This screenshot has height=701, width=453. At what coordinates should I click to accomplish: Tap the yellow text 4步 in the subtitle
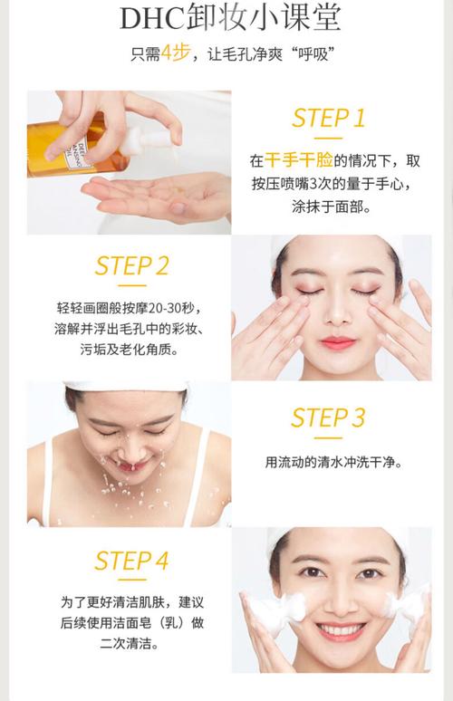pos(174,55)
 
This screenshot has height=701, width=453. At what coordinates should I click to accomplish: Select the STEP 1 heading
pos(329,118)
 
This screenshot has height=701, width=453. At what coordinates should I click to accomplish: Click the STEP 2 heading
pos(131,266)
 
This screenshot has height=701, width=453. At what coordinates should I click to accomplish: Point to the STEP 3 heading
pos(329,418)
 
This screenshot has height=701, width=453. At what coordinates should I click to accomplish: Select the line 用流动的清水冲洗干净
pos(333,462)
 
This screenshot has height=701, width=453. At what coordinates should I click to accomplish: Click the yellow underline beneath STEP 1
pos(328,138)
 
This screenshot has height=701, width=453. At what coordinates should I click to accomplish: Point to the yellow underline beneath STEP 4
pos(131,581)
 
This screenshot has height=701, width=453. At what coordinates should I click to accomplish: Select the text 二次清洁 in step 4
pos(131,646)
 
